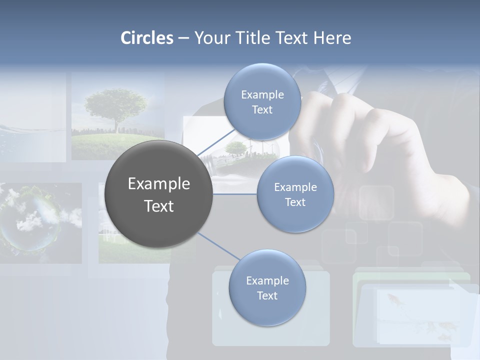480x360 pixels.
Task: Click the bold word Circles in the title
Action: point(147,38)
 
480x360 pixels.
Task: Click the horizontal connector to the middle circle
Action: point(235,193)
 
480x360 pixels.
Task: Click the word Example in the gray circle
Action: point(159,184)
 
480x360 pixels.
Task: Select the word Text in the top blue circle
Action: point(262,110)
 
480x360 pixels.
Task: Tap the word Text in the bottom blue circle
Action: point(267,296)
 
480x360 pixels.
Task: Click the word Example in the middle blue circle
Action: point(295,187)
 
